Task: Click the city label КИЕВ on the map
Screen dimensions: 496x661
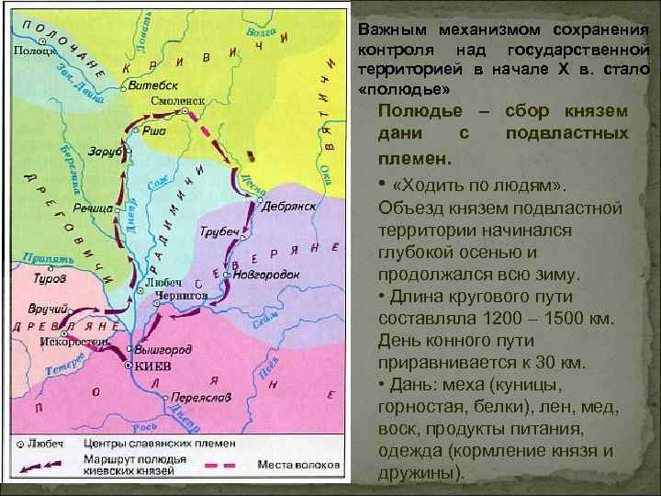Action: (x=152, y=366)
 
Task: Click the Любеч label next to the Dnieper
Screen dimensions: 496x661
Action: (x=163, y=281)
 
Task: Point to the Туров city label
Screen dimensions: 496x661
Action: (x=49, y=276)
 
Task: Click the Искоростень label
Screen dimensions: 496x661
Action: (x=75, y=342)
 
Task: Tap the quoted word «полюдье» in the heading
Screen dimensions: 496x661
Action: (x=403, y=92)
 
